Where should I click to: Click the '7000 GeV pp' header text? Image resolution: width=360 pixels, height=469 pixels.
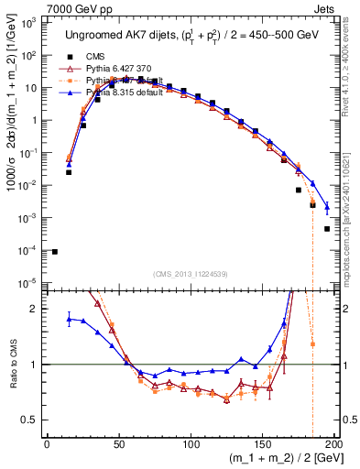coord(39,7)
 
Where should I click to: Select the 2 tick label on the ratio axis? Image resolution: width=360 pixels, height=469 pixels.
coord(35,309)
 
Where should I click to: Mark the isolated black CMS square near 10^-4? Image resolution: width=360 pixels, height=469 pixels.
coord(54,252)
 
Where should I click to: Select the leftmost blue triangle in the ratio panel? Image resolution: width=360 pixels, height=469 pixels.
coord(69,318)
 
